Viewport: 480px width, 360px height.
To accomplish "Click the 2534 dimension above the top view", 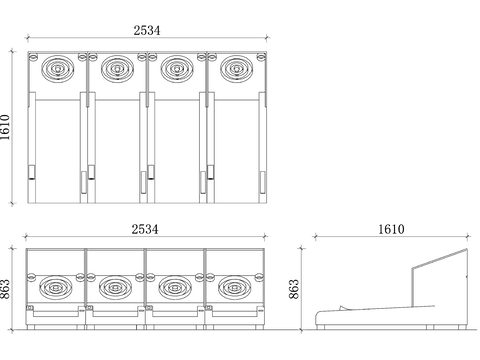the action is point(147,30).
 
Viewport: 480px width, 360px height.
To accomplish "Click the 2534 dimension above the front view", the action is point(145,229).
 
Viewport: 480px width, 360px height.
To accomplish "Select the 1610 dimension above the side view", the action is point(391,229).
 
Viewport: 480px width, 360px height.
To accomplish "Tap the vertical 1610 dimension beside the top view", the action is point(6,127).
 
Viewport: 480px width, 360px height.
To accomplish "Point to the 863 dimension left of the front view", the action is point(6,289).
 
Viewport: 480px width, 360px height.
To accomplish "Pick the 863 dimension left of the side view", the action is point(294,289).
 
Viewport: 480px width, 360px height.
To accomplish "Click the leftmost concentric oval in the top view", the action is point(58,69).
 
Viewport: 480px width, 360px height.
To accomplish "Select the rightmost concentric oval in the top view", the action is point(236,69).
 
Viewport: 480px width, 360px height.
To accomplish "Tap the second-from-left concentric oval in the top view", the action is point(117,69).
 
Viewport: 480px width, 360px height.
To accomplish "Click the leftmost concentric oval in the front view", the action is point(56,288).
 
